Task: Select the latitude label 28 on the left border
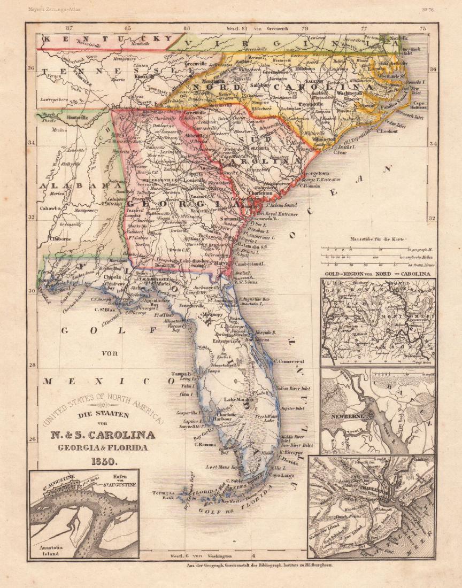click(31, 365)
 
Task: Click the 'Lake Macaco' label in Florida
click(238, 399)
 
